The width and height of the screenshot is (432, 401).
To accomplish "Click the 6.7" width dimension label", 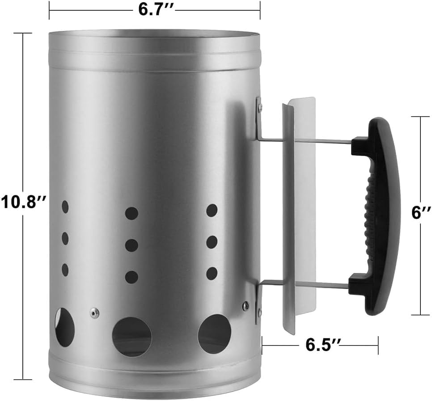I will point(155,10).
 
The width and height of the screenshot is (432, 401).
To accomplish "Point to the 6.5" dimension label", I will point(320,345).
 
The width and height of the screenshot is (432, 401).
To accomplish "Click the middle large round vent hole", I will point(131,337).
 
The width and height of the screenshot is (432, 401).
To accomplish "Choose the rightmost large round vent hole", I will point(215,333).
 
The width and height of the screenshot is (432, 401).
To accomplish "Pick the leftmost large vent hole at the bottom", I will point(64,327).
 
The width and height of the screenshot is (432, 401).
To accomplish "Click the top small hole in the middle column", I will point(131,213).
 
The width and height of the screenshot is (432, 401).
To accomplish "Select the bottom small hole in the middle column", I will point(131,277).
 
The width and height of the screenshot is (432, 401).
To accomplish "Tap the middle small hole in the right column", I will point(212,242).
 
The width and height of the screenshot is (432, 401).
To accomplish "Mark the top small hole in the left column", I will point(65,207).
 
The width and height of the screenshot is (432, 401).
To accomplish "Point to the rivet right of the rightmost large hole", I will point(246,306).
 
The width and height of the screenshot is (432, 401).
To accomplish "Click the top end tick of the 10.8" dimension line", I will point(23,33).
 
